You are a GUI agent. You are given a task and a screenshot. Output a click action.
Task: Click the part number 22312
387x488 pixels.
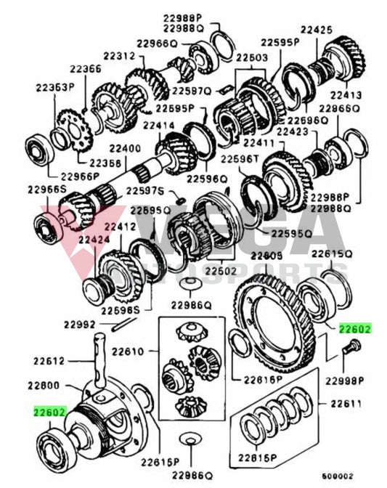(118, 56)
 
